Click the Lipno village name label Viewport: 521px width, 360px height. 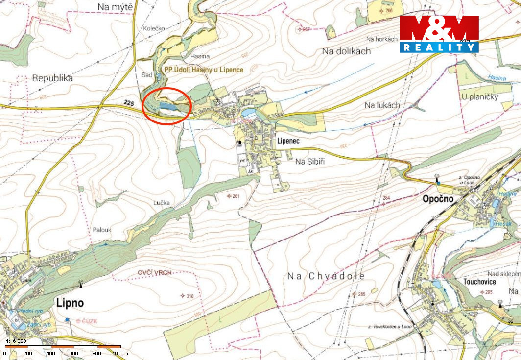70,302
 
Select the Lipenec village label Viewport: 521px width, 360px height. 288,140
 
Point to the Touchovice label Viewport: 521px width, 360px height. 479,282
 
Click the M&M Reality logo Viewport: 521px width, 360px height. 439,34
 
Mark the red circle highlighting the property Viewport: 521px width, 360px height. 166,106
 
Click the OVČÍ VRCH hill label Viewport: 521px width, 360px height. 155,272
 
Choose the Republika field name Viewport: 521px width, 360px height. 52,78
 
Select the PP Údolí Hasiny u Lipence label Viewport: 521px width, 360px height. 203,70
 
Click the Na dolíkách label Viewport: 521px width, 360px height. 346,51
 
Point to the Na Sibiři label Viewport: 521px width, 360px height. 310,161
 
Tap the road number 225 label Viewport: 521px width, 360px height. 129,102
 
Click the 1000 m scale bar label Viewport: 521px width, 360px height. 120,353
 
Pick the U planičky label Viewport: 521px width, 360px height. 479,96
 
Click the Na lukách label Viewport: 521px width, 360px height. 382,105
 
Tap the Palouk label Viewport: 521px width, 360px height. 102,229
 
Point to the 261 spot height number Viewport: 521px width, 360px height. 236,196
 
